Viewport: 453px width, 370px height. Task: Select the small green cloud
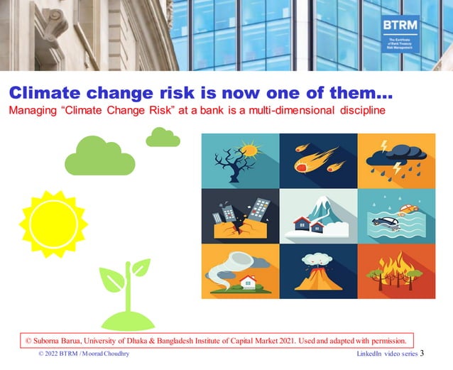pos(163,137)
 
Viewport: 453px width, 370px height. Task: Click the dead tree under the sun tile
pos(239,160)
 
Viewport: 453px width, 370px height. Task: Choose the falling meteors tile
pos(317,160)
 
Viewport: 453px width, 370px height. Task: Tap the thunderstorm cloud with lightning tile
pos(395,160)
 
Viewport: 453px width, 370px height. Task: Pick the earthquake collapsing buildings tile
pos(239,216)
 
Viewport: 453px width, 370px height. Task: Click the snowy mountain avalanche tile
pos(317,216)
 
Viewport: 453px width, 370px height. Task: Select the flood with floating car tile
pos(395,216)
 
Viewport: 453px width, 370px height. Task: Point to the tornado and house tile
pos(239,271)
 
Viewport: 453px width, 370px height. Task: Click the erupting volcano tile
pos(317,271)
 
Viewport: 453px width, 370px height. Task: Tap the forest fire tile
pos(395,271)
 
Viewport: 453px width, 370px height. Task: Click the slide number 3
pos(422,353)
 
